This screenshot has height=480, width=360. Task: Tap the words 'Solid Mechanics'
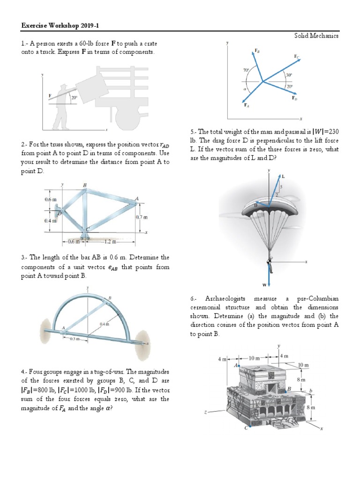316,36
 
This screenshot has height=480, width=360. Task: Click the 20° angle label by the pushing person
74,98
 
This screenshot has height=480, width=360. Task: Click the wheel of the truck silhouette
126,119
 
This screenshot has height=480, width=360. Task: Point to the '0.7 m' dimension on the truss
142,217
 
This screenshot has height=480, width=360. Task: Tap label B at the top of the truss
85,186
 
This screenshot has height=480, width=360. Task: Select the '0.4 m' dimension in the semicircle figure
104,324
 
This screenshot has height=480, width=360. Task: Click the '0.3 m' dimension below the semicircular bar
74,338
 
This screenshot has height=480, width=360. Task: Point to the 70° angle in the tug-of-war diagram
246,70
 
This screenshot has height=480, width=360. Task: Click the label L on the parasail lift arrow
284,176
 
